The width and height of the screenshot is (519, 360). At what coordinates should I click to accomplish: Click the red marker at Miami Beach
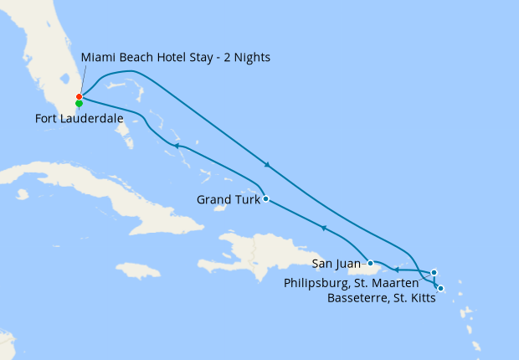79,97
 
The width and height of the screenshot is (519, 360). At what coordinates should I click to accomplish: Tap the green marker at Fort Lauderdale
79,104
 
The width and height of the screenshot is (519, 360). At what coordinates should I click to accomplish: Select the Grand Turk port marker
265,199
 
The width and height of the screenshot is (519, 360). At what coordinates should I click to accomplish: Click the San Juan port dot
371,263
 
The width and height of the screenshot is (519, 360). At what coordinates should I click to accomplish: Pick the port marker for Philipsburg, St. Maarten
434,272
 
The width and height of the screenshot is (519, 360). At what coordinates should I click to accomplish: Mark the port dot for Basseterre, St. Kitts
440,289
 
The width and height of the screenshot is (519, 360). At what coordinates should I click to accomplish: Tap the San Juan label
337,264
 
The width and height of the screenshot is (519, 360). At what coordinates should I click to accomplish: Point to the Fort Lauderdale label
80,120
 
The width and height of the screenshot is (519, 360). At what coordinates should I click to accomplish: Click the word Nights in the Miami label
249,57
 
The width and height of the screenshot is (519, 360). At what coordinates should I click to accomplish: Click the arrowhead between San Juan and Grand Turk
323,229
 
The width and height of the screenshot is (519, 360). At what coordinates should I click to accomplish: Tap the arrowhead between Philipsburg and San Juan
396,270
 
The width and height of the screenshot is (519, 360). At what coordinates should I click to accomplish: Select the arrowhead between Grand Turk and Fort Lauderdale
177,146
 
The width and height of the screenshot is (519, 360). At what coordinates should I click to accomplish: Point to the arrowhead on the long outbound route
267,164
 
